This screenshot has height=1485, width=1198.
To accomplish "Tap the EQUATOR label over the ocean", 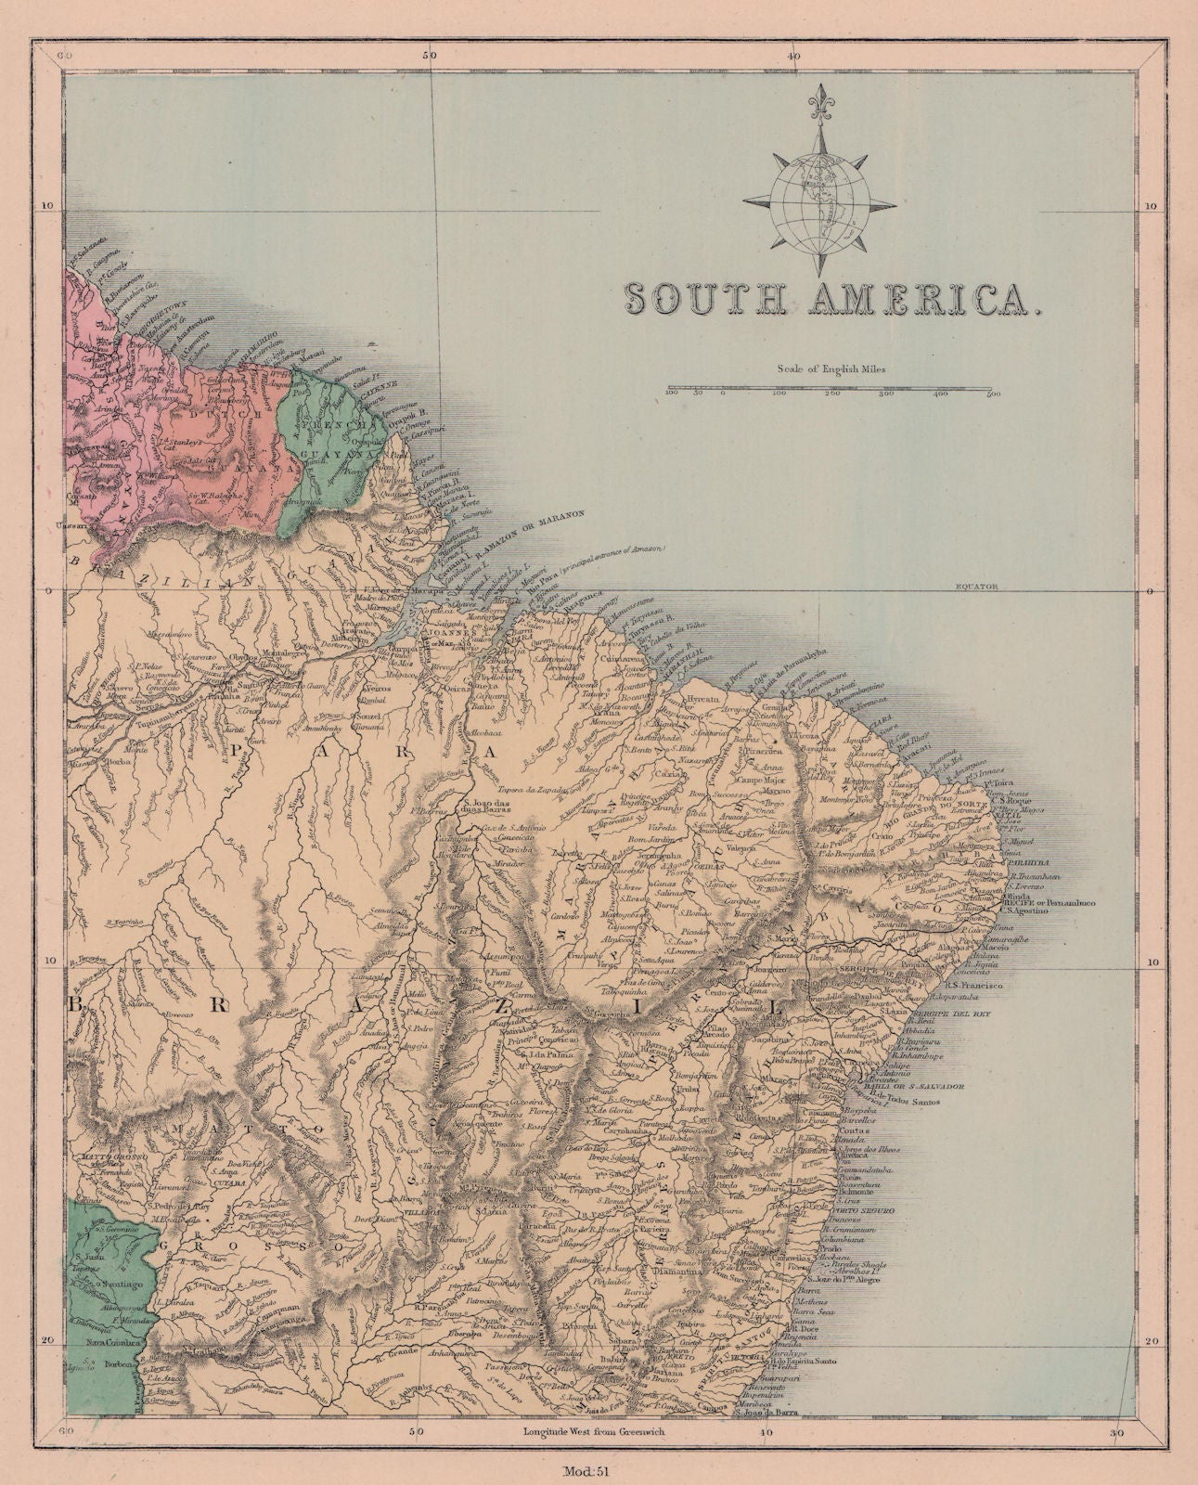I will pos(974,587).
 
